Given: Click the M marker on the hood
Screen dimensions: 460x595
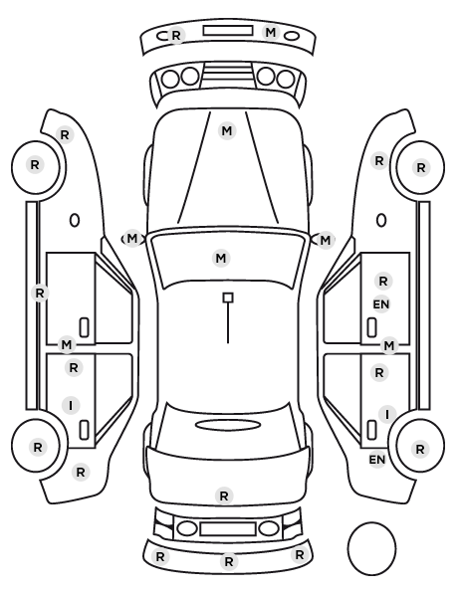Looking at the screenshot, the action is [227, 131].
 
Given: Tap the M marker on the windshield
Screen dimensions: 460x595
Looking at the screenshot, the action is [221, 258].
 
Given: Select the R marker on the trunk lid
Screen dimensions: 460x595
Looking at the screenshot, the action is [224, 496].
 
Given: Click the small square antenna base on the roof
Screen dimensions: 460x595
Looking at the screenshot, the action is [228, 297].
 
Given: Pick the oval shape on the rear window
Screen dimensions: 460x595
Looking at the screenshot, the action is [228, 425].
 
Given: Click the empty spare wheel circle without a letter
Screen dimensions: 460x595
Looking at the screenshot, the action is [371, 548].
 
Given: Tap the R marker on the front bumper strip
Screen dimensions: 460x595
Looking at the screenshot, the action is [176, 35].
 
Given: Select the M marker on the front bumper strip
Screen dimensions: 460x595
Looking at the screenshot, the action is [271, 32].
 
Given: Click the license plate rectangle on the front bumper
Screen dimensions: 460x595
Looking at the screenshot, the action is [228, 31].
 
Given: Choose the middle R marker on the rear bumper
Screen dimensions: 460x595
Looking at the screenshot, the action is [228, 561].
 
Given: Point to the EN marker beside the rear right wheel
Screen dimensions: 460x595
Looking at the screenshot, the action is [377, 460].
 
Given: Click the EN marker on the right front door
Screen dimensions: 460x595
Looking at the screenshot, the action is [381, 304].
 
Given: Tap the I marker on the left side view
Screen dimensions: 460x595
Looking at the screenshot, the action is [71, 406].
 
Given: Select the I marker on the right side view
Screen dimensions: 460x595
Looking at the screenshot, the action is [387, 414].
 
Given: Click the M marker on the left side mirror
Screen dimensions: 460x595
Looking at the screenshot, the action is [131, 239].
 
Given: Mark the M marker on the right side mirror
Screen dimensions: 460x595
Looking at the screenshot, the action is [326, 240].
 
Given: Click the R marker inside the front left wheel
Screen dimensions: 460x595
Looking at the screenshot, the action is [35, 165].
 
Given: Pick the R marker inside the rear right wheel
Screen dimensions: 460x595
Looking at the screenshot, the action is [420, 449].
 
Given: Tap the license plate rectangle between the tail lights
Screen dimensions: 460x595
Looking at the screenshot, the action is [228, 528].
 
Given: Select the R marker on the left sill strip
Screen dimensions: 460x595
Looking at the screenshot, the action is [40, 293].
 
